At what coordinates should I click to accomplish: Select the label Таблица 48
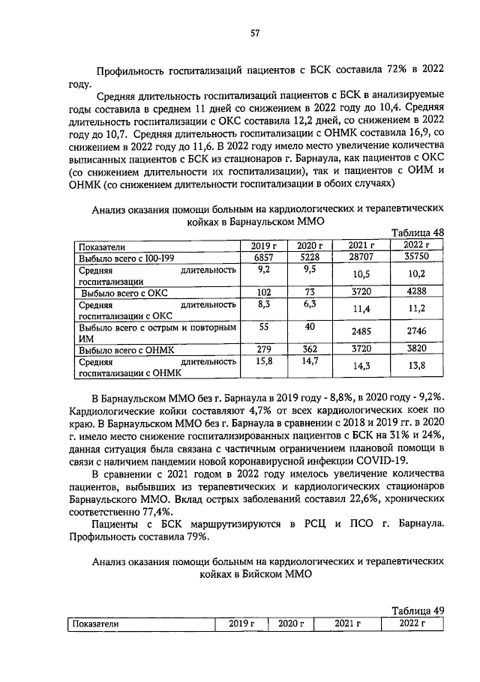(x=418, y=232)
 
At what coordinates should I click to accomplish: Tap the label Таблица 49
(x=418, y=611)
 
